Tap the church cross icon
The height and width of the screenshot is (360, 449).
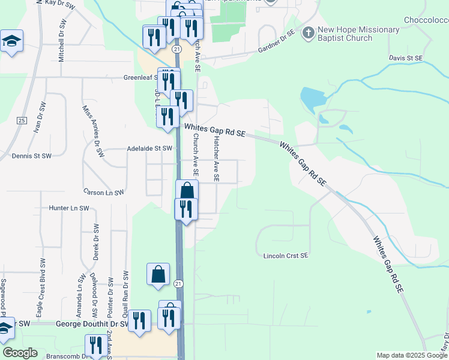pyautogui.click(x=309, y=32)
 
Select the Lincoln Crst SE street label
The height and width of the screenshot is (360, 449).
pyautogui.click(x=286, y=256)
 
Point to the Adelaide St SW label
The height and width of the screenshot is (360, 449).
pyautogui.click(x=149, y=148)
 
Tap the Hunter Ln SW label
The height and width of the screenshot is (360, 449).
pyautogui.click(x=68, y=208)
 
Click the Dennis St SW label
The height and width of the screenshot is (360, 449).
pyautogui.click(x=32, y=156)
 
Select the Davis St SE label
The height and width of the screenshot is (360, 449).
pyautogui.click(x=406, y=58)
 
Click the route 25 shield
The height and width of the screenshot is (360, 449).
pyautogui.click(x=22, y=121)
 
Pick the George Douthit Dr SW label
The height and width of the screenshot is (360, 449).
pyautogui.click(x=92, y=324)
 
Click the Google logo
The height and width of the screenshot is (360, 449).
pyautogui.click(x=20, y=353)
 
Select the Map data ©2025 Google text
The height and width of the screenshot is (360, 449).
pyautogui.click(x=412, y=356)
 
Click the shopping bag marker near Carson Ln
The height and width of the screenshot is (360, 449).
pyautogui.click(x=187, y=191)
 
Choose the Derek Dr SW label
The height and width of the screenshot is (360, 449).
pyautogui.click(x=95, y=243)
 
